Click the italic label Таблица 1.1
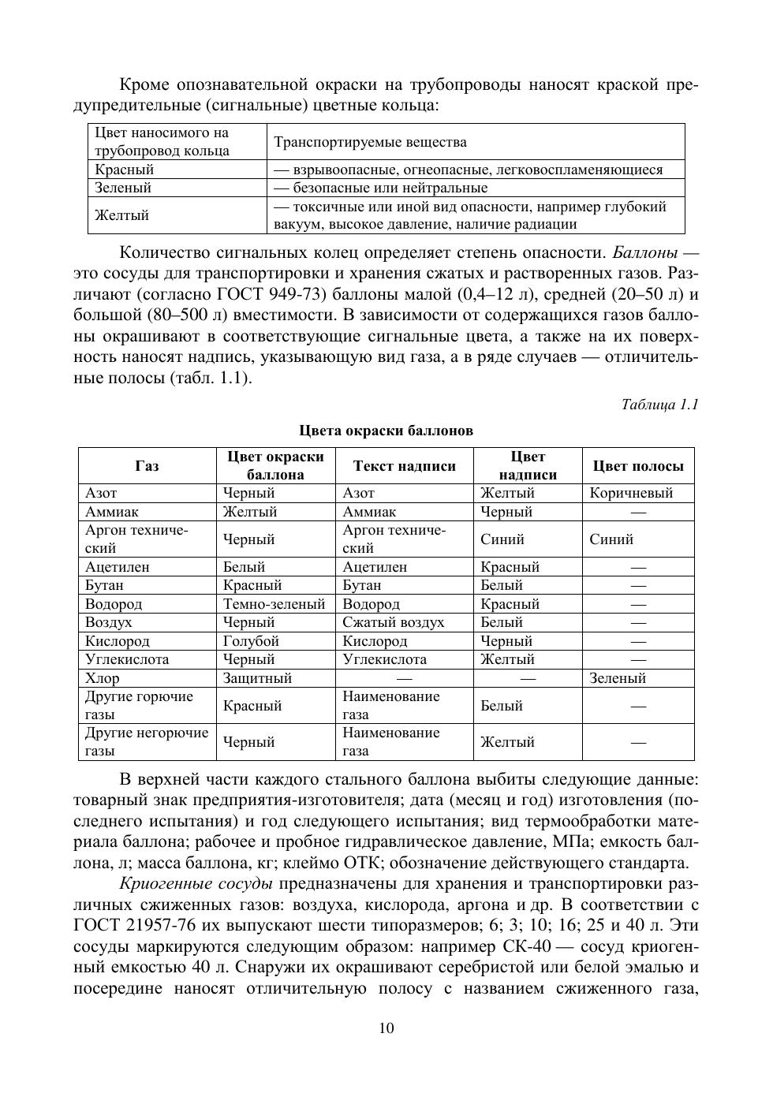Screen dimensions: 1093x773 click(x=659, y=405)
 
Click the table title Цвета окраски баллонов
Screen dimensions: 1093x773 click(x=386, y=431)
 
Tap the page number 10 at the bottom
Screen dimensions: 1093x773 click(x=386, y=1028)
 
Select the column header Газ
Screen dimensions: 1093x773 click(x=147, y=466)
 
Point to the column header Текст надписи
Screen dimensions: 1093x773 click(x=404, y=466)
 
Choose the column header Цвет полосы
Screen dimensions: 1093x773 click(x=638, y=466)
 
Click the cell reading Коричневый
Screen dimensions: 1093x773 click(x=631, y=493)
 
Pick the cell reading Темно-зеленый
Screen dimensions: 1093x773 click(x=274, y=604)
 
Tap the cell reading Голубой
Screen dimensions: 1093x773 click(x=251, y=641)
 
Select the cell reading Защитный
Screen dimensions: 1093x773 click(x=257, y=678)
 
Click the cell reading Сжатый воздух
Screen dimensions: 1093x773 click(x=393, y=622)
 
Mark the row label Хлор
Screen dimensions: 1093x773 click(x=103, y=678)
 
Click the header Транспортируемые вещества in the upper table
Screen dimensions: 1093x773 click(x=370, y=142)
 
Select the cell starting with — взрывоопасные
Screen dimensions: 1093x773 click(x=468, y=170)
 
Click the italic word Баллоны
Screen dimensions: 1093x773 click(x=644, y=253)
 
